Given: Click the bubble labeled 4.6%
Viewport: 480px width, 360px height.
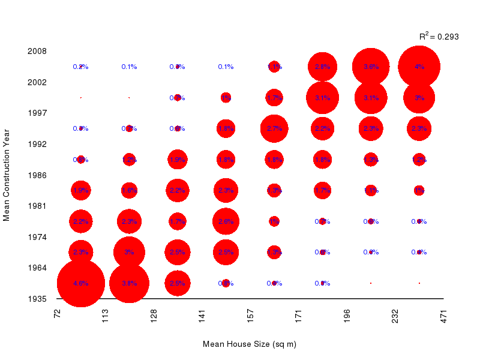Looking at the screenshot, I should point(81,283).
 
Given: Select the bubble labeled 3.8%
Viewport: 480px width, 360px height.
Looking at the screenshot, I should point(129,283).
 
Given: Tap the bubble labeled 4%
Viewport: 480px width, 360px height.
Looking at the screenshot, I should point(419,67).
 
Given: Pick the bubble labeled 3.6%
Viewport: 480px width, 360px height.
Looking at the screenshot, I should point(371,67).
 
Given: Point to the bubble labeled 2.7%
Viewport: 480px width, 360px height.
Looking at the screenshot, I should point(274,128).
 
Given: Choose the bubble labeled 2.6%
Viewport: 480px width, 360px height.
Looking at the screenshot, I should point(226,221).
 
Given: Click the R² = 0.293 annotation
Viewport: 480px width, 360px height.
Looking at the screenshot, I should point(439,37).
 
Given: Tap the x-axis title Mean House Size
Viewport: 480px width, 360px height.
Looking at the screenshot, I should point(250,344).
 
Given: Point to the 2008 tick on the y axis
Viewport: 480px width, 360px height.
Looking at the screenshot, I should point(37,51).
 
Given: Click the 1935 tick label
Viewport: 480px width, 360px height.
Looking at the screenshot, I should point(37,298).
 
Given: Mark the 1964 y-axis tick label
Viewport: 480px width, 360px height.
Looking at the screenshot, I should point(37,268).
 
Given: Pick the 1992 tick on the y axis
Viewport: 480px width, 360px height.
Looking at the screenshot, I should point(37,144).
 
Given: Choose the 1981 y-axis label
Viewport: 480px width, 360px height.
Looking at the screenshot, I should point(37,206).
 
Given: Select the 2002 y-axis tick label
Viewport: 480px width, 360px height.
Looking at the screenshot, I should point(37,82).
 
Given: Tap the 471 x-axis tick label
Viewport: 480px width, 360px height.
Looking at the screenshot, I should point(444,316).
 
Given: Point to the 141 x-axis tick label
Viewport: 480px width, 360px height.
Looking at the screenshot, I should point(202,316).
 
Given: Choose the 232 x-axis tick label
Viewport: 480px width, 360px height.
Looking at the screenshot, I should point(395,316).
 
